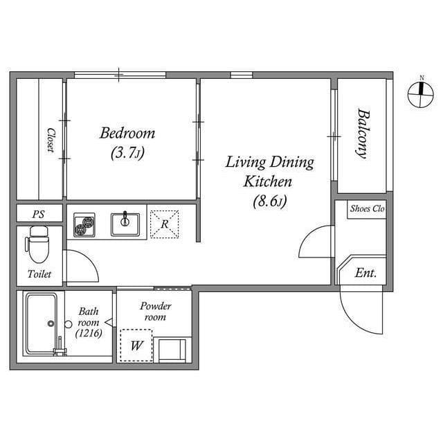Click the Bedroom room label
click(127, 133)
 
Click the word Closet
click(51, 140)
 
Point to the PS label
click(38, 215)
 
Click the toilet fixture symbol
click(37, 246)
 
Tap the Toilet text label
click(39, 274)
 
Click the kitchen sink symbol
click(125, 223)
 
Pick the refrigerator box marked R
click(164, 224)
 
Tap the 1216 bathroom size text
click(89, 334)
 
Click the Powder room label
click(156, 311)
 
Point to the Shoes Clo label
click(367, 208)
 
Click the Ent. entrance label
click(365, 273)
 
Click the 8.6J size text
click(269, 201)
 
